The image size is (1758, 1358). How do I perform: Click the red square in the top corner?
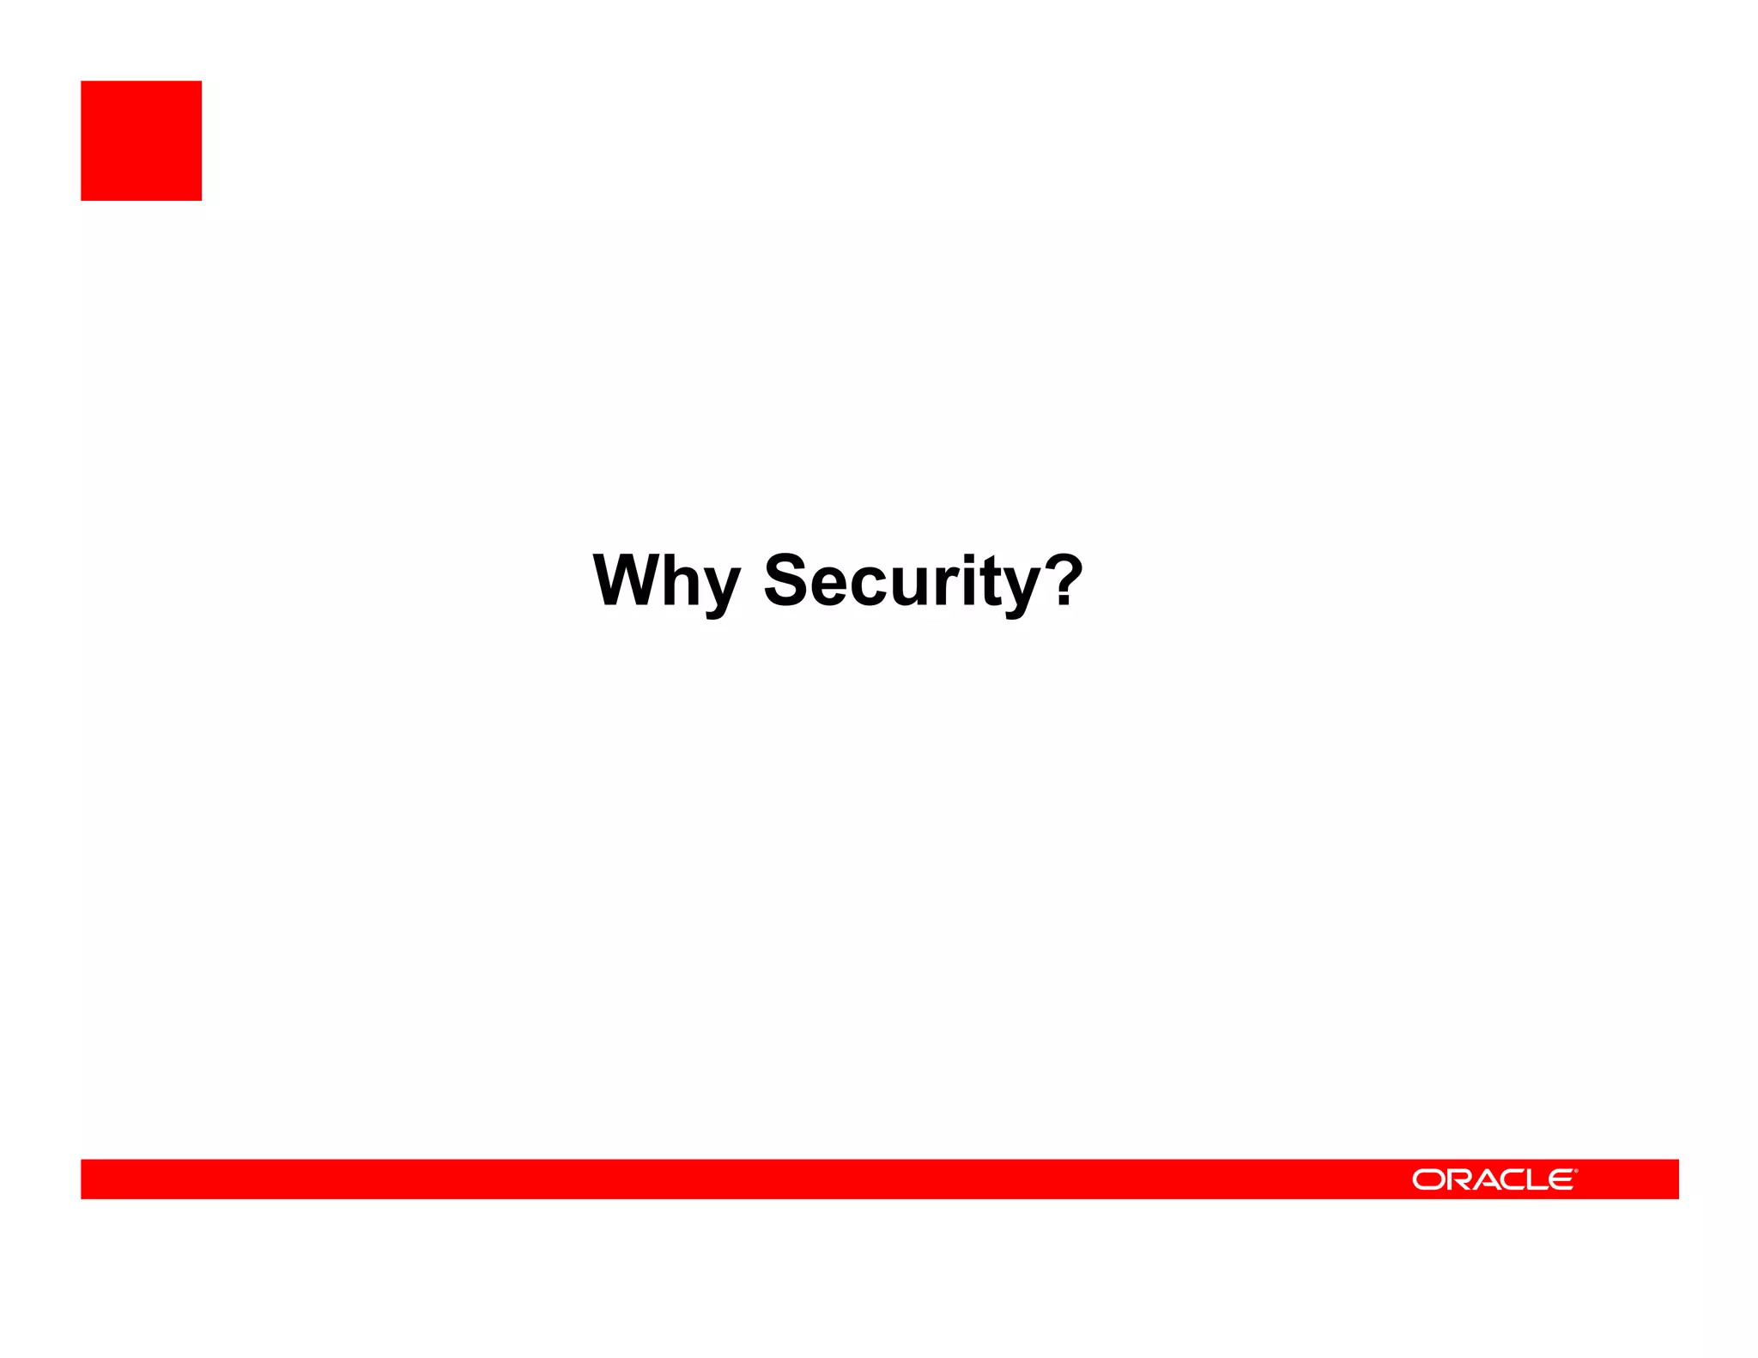tap(141, 141)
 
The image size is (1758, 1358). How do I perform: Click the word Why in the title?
tap(665, 581)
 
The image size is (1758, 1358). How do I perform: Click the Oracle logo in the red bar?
tap(1494, 1179)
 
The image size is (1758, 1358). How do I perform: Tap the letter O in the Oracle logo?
tap(1428, 1180)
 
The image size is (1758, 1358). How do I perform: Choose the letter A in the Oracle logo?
tap(1488, 1180)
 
